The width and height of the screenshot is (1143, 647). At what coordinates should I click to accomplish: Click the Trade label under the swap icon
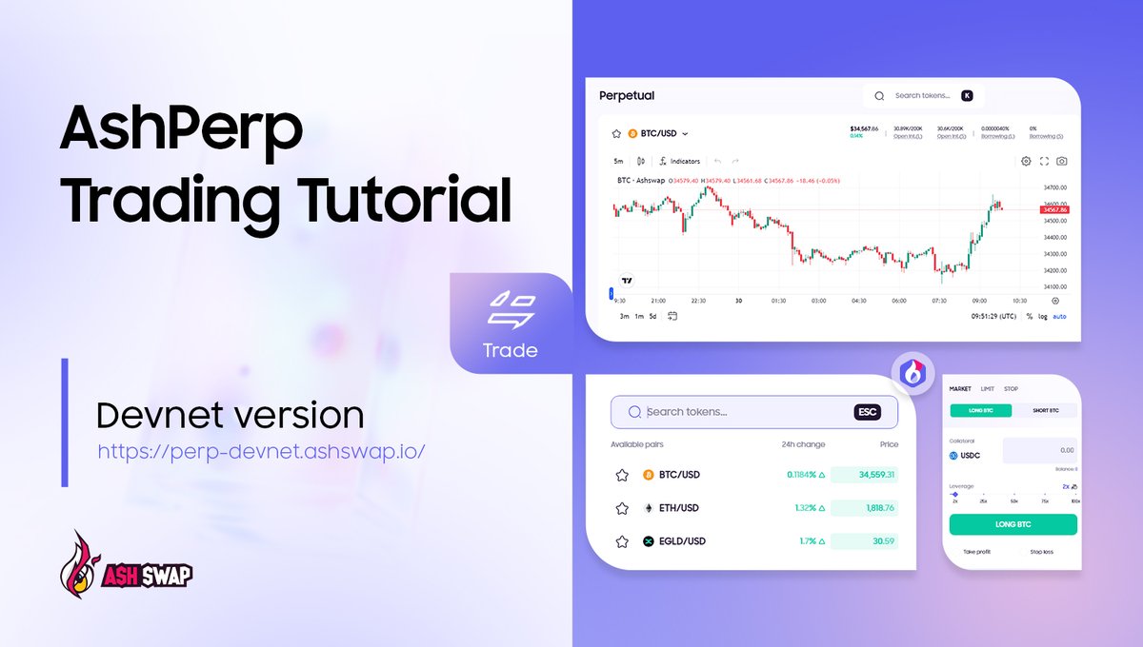pos(510,350)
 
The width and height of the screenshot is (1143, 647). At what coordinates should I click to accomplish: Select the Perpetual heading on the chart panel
pos(626,95)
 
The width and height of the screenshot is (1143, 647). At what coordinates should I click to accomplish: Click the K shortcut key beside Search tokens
pos(967,95)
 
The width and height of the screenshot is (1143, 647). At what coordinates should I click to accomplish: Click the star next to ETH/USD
pos(622,508)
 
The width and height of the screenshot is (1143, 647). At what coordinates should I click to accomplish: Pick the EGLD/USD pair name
pos(681,541)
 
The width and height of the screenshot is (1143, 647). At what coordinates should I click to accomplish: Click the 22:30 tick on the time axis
pos(697,301)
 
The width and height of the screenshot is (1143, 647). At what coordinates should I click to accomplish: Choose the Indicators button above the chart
pos(679,161)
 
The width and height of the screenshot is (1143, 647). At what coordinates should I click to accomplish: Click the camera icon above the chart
pos(1062,161)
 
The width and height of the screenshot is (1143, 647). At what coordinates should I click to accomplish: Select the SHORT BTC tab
pos(1045,411)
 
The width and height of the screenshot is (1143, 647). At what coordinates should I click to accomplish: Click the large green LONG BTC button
pos(1013,524)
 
